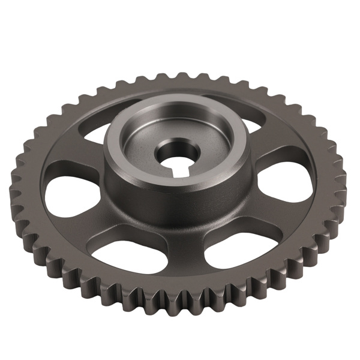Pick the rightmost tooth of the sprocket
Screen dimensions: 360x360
[343, 180]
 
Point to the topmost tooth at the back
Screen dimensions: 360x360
[180, 76]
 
